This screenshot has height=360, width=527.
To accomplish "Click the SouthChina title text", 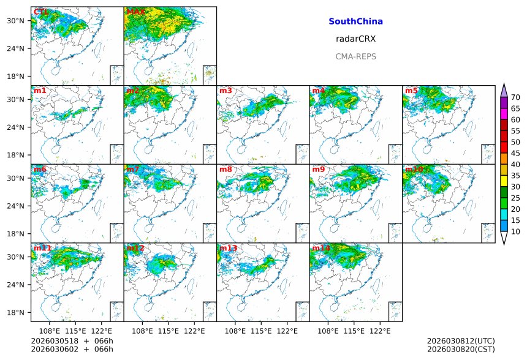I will point(355,21).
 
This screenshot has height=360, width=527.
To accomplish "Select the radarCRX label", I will point(355,39).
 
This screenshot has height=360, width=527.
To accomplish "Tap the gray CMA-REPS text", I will point(355,56).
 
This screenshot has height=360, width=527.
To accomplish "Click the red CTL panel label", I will point(40,12).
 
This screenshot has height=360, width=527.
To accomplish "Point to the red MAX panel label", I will point(135,12).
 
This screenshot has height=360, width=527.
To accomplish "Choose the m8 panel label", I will point(226,169).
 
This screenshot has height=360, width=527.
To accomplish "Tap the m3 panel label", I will point(226,91).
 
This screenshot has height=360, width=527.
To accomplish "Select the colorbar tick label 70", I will point(515,97).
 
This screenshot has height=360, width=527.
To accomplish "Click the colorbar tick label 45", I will point(515,153).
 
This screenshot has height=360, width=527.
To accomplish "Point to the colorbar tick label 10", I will point(515,231).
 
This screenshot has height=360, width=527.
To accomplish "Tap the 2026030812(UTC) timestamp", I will point(461,341).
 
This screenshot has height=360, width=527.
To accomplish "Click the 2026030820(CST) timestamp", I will point(461,349).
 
